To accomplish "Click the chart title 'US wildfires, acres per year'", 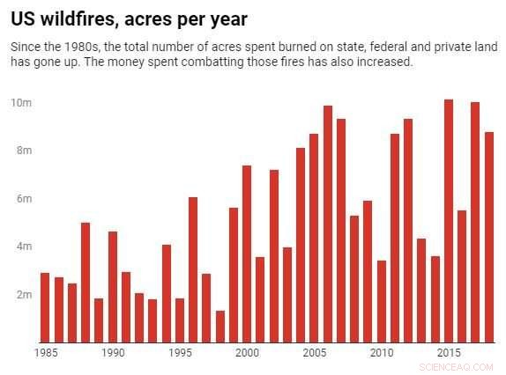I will click(129, 19).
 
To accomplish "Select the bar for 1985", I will click(45, 307).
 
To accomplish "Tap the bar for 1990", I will click(113, 286).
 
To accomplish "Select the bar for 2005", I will click(314, 238).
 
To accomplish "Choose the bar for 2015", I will click(449, 220).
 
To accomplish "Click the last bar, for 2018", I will click(488, 237).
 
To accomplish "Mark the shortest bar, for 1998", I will click(220, 326).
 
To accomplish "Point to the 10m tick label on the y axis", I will click(22, 103).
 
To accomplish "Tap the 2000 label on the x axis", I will click(247, 353).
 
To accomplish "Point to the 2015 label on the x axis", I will click(449, 353).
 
